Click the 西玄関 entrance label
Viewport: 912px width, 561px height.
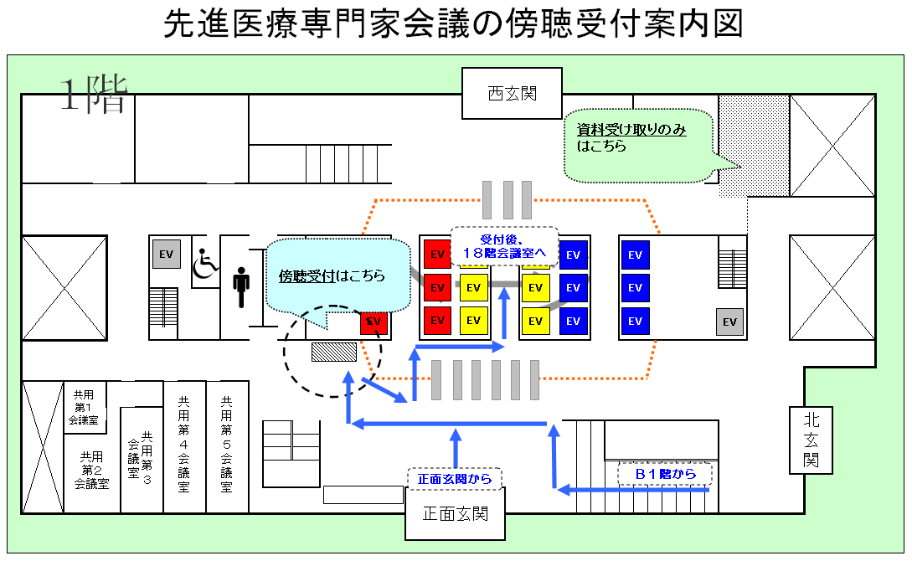(x=512, y=93)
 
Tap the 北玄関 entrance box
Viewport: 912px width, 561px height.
(x=812, y=440)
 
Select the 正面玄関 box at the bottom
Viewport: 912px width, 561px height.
(x=456, y=513)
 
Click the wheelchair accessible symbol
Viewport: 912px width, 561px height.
(x=205, y=265)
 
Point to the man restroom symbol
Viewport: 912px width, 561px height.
(x=242, y=287)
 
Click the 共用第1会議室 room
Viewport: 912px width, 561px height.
(x=84, y=407)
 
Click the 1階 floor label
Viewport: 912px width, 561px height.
(x=92, y=95)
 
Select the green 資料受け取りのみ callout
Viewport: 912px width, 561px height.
(x=636, y=144)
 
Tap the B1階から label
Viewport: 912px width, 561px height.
(x=665, y=475)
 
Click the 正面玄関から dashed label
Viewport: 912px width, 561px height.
(x=455, y=479)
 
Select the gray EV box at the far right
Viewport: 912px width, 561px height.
(x=729, y=322)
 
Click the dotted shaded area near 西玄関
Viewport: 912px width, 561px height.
(x=754, y=142)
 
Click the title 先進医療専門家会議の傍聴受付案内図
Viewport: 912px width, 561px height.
(x=454, y=24)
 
